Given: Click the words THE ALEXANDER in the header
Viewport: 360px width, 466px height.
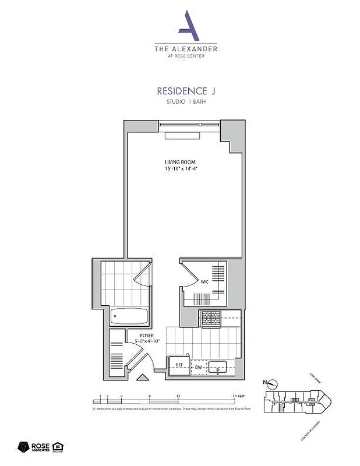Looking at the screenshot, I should [x=186, y=50].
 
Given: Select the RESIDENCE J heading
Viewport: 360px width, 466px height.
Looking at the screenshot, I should [x=182, y=91].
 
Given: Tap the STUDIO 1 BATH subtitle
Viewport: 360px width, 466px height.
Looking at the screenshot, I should [x=182, y=103].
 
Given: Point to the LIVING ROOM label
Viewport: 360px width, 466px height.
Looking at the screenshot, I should [x=179, y=162].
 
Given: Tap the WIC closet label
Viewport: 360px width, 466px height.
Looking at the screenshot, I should [x=204, y=282].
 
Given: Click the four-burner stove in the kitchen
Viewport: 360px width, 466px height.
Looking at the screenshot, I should [x=210, y=318].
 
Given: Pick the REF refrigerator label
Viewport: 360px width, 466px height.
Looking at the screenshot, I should [x=180, y=366].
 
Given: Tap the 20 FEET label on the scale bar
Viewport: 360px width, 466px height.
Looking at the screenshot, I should [x=238, y=396].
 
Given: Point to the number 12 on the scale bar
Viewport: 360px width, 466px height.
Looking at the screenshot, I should [x=178, y=396].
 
